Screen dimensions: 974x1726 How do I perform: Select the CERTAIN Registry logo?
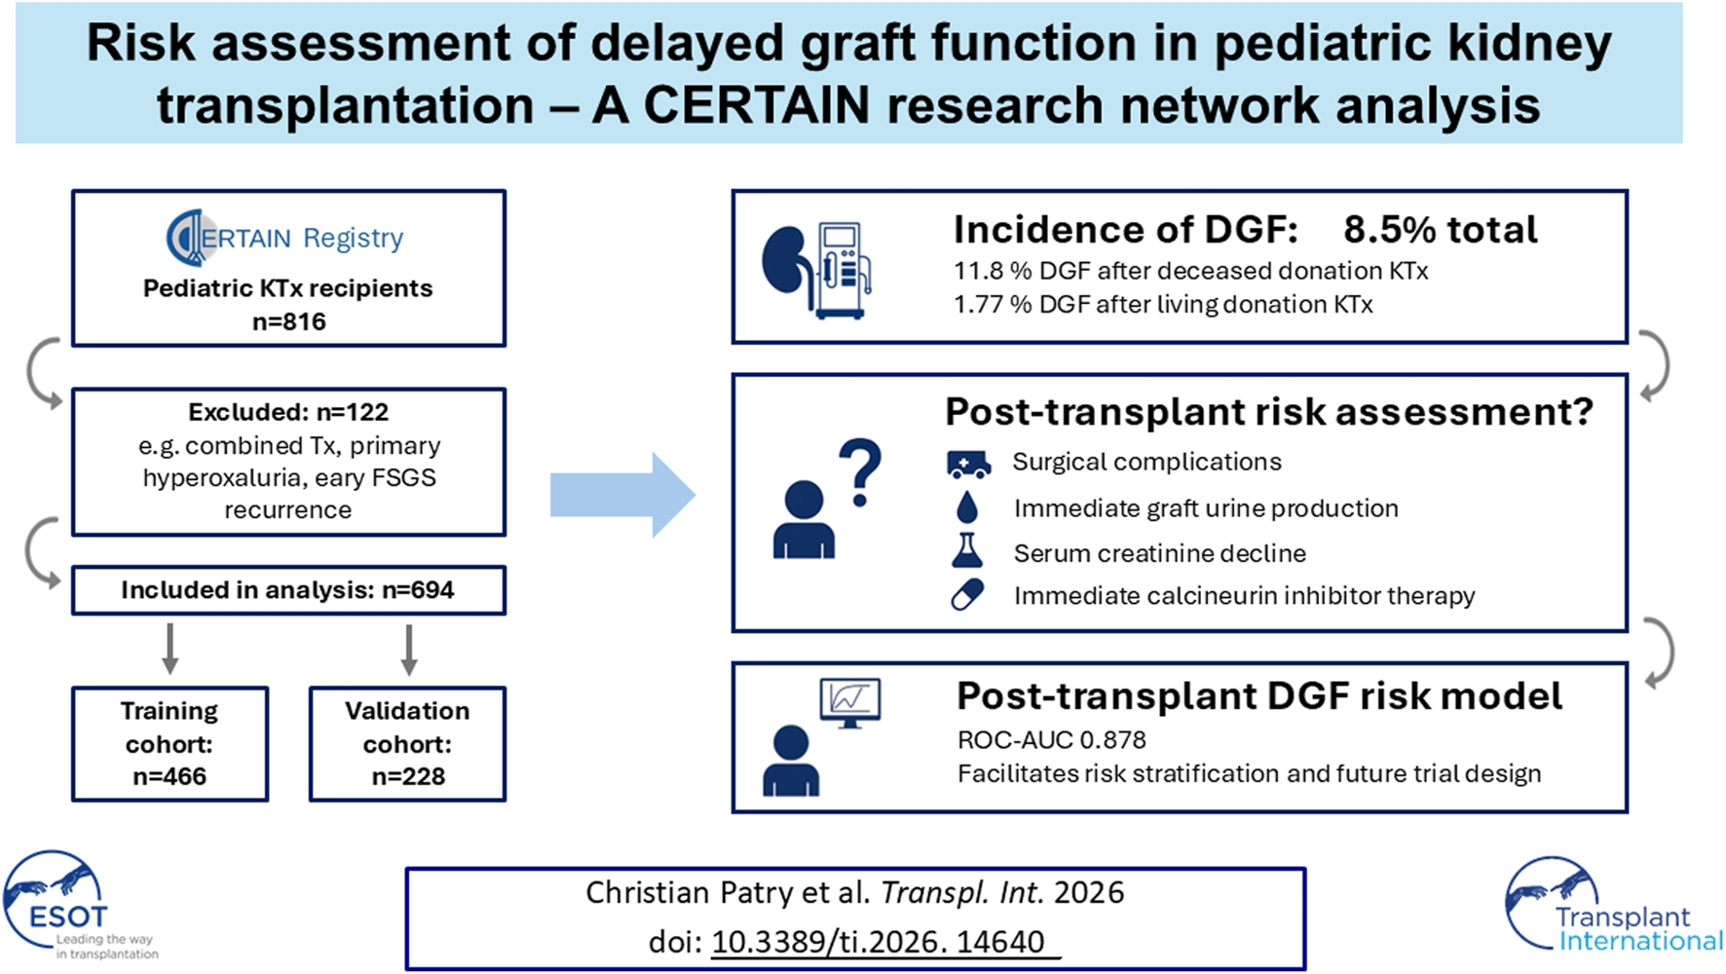point(284,238)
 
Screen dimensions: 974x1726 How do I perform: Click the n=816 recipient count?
point(288,321)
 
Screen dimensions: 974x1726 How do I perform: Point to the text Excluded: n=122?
point(288,412)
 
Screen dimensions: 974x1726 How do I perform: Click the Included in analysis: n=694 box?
point(288,590)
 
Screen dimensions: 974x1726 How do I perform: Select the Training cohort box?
point(169,744)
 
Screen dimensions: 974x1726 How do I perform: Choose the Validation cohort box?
point(407,744)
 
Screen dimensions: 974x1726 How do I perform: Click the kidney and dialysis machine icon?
point(816,270)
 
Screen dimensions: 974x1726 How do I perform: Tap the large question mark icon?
point(859,472)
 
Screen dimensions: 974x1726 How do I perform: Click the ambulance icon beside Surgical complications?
point(968,464)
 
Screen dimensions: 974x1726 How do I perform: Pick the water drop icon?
point(966,507)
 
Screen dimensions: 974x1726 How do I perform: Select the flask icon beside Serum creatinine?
point(966,551)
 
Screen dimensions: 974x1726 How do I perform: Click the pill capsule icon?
point(967,594)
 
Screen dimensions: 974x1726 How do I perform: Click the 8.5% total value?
point(1440,230)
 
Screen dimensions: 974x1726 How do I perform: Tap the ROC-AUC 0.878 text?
point(1051,740)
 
